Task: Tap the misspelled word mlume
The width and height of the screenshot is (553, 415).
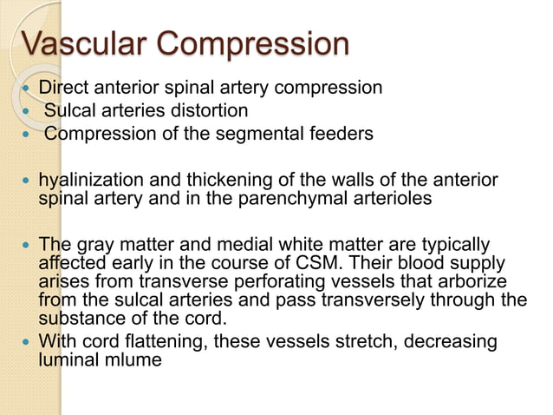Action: click(x=135, y=359)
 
